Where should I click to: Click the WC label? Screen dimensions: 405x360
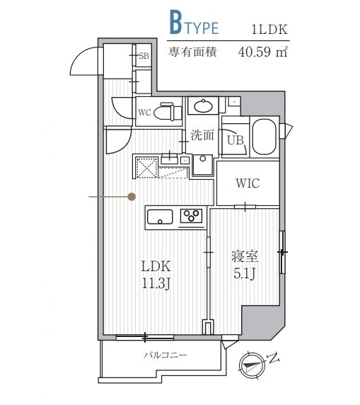(x=144, y=113)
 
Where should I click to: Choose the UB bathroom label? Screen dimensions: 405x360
(x=236, y=140)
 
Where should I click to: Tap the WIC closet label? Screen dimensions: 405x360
(x=247, y=183)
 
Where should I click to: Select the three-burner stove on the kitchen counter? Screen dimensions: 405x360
(x=191, y=216)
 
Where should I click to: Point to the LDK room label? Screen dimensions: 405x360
(x=156, y=267)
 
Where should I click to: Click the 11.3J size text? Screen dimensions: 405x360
(x=156, y=284)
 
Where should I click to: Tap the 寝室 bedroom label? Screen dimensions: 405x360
(x=245, y=256)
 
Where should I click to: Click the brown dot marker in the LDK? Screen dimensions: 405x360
(x=132, y=197)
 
